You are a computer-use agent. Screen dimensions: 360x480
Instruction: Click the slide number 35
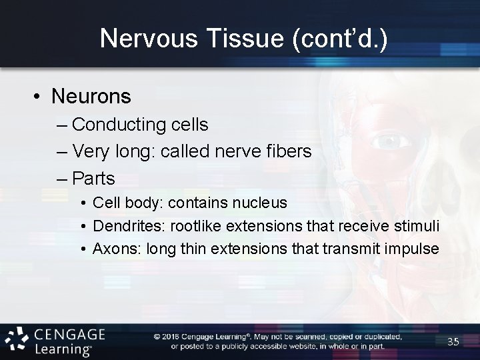point(453,342)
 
